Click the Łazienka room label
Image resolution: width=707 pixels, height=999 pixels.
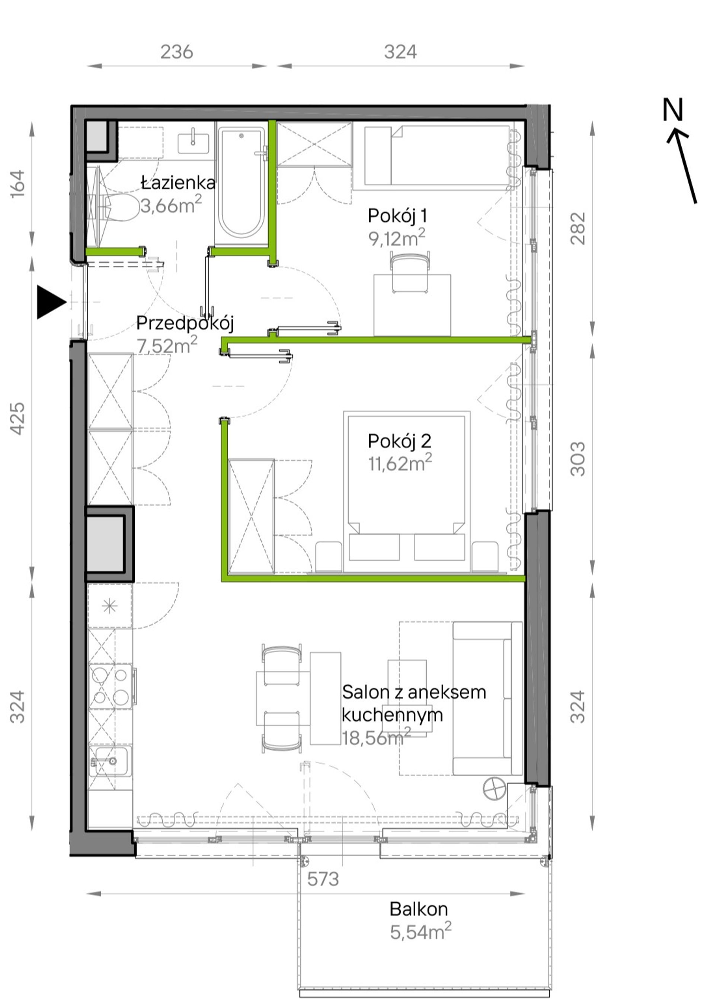coord(178,183)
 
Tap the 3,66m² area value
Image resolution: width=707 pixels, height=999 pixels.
coord(171,204)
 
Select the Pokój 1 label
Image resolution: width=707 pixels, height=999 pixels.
coord(397,216)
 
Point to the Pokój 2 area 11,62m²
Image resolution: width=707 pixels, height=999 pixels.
coord(400,463)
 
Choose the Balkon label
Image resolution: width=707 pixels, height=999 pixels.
coord(418,909)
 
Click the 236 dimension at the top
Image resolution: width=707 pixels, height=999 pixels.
coord(177,52)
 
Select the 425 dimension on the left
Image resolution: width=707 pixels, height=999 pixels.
coord(17,418)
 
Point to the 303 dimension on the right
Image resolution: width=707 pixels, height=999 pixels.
coord(578,459)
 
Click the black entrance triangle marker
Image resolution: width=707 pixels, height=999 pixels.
coord(51,302)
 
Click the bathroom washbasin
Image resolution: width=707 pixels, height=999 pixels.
coord(193,143)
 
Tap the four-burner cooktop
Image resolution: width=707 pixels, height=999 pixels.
coord(110,687)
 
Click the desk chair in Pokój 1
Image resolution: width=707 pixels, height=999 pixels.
coord(411,274)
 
